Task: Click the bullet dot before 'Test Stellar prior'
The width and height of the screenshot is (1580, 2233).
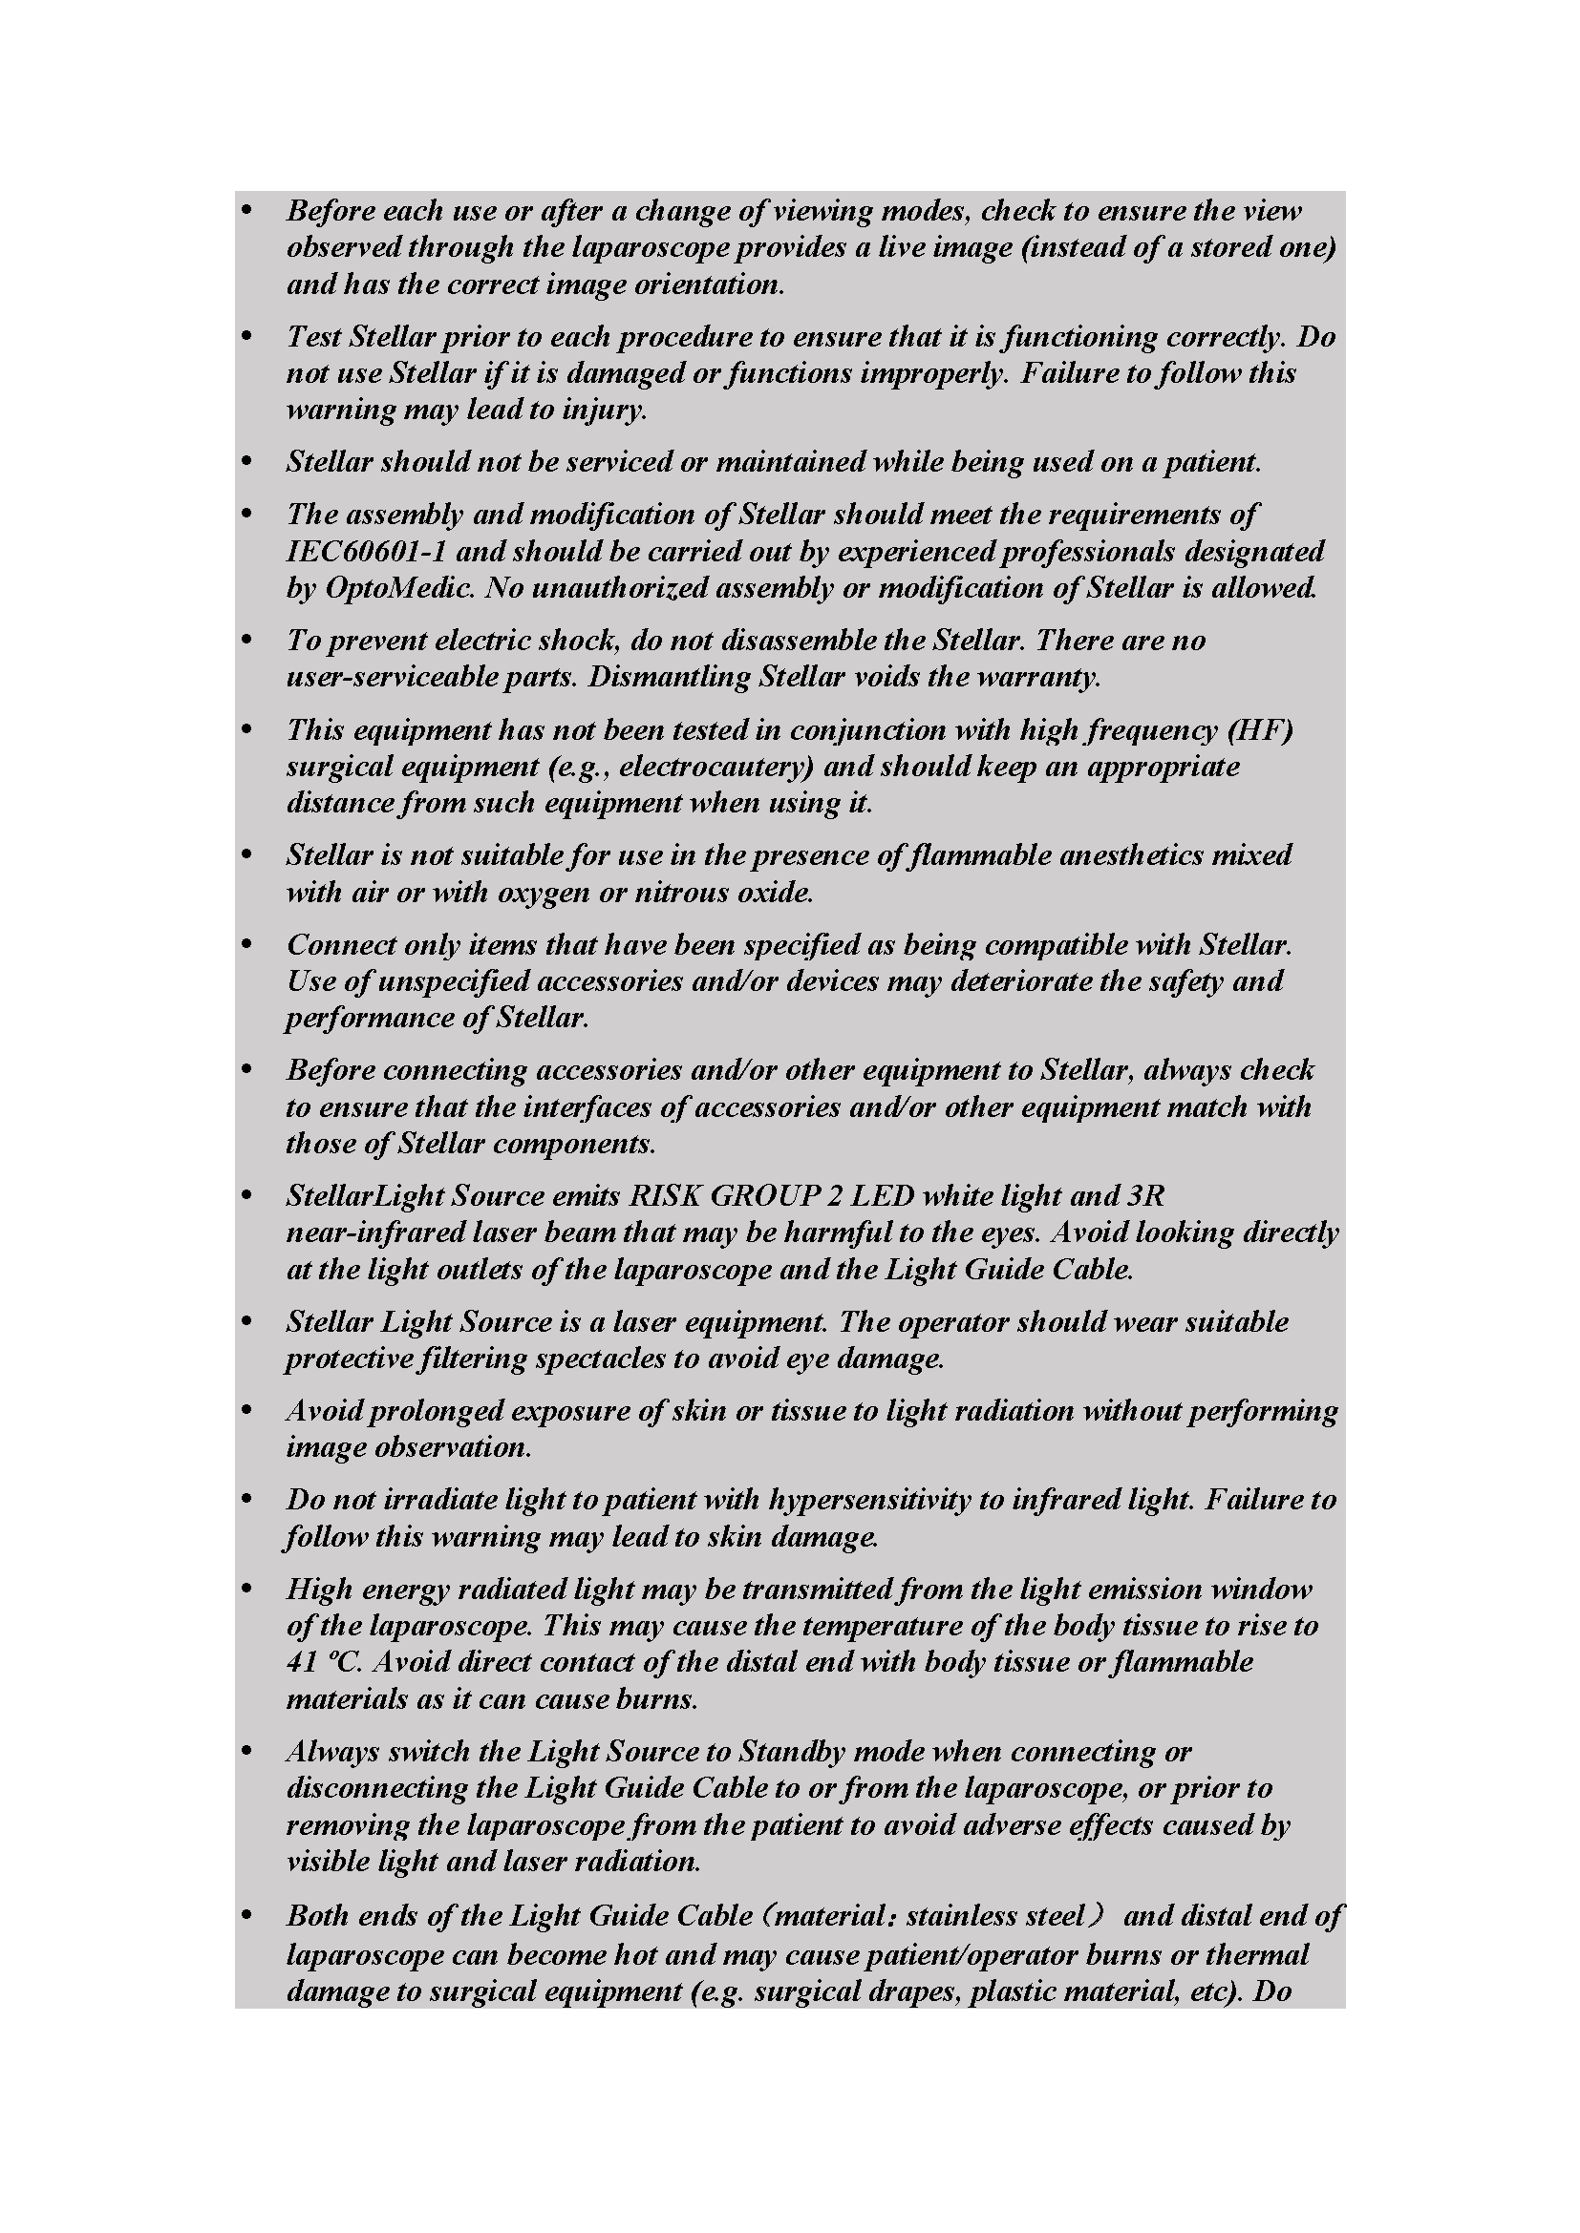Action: click(248, 336)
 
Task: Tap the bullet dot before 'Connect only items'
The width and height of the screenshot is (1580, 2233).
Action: click(248, 944)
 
